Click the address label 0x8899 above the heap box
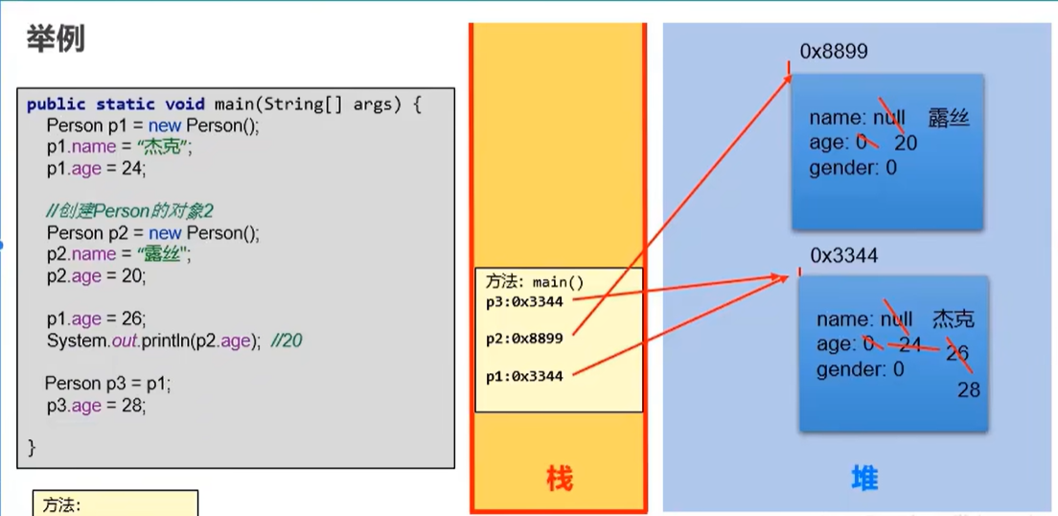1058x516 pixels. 834,52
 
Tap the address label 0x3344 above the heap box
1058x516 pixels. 844,256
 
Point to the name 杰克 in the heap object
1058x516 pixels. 954,319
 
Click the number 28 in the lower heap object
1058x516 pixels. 968,389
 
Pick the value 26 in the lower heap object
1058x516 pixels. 956,353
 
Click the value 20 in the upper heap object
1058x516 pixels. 906,143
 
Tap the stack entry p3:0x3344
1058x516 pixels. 531,302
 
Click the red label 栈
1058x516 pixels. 559,478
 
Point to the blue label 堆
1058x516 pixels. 864,478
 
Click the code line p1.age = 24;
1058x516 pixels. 96,169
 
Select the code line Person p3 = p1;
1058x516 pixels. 107,384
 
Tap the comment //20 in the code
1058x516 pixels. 286,340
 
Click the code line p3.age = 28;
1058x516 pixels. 96,406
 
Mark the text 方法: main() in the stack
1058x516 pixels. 534,283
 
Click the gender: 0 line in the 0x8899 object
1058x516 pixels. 853,168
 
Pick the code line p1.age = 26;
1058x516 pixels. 96,319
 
